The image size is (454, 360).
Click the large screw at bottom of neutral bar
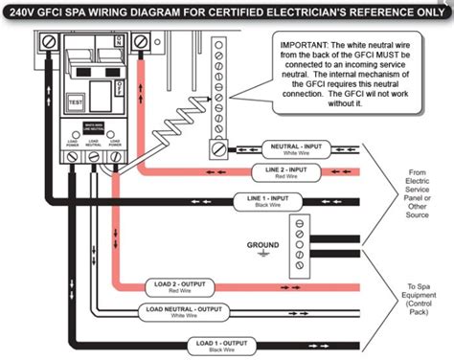pos(219,148)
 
